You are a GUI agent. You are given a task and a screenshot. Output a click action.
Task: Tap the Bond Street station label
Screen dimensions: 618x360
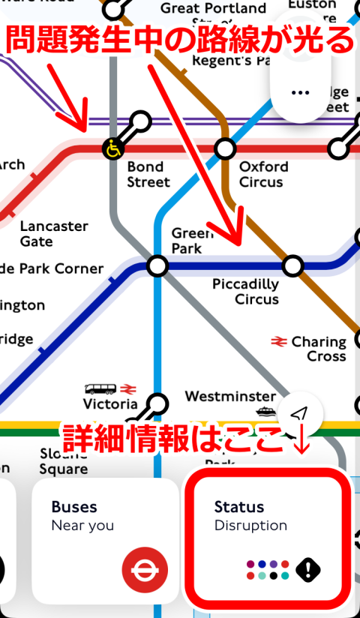148,174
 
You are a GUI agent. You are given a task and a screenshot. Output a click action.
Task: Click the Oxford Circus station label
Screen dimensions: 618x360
261,174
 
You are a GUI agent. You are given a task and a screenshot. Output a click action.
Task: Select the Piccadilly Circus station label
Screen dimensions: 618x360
245,292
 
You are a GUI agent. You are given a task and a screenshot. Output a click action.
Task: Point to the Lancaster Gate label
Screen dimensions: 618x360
54,233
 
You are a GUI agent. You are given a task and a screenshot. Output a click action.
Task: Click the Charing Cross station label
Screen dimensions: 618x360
319,349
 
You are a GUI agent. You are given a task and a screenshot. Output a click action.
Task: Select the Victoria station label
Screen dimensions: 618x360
109,404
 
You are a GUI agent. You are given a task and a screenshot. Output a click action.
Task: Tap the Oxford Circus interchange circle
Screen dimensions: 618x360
225,148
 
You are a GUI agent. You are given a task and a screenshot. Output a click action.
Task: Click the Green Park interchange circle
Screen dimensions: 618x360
157,265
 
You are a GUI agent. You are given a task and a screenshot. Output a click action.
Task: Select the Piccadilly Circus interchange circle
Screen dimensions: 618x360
292,265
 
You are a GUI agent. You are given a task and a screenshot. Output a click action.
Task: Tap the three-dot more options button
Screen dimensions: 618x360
300,92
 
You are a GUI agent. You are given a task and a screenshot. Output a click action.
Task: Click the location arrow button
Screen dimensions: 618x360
300,413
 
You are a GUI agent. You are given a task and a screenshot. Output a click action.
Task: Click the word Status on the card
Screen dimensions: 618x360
239,507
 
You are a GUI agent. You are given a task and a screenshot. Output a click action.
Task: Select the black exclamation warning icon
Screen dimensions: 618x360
307,570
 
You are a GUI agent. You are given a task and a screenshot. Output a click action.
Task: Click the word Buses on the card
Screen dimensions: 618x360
74,507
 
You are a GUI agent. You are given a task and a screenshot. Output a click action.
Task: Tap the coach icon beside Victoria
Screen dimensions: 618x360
100,388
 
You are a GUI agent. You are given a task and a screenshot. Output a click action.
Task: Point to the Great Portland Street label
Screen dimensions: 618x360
214,9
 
